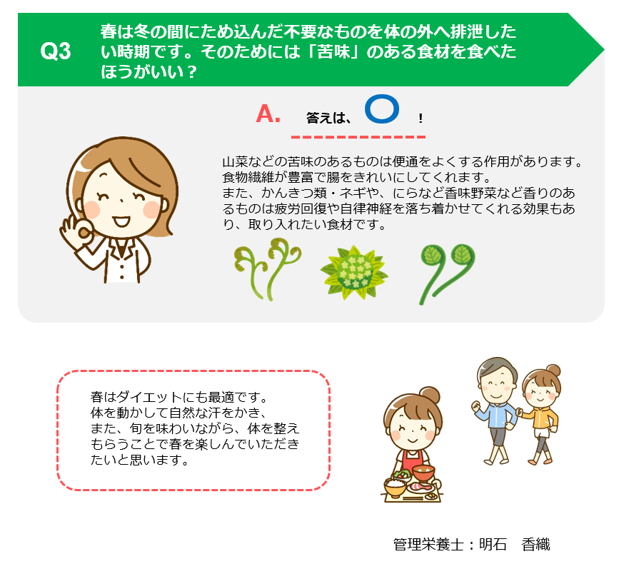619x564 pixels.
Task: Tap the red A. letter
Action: click(x=268, y=114)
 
